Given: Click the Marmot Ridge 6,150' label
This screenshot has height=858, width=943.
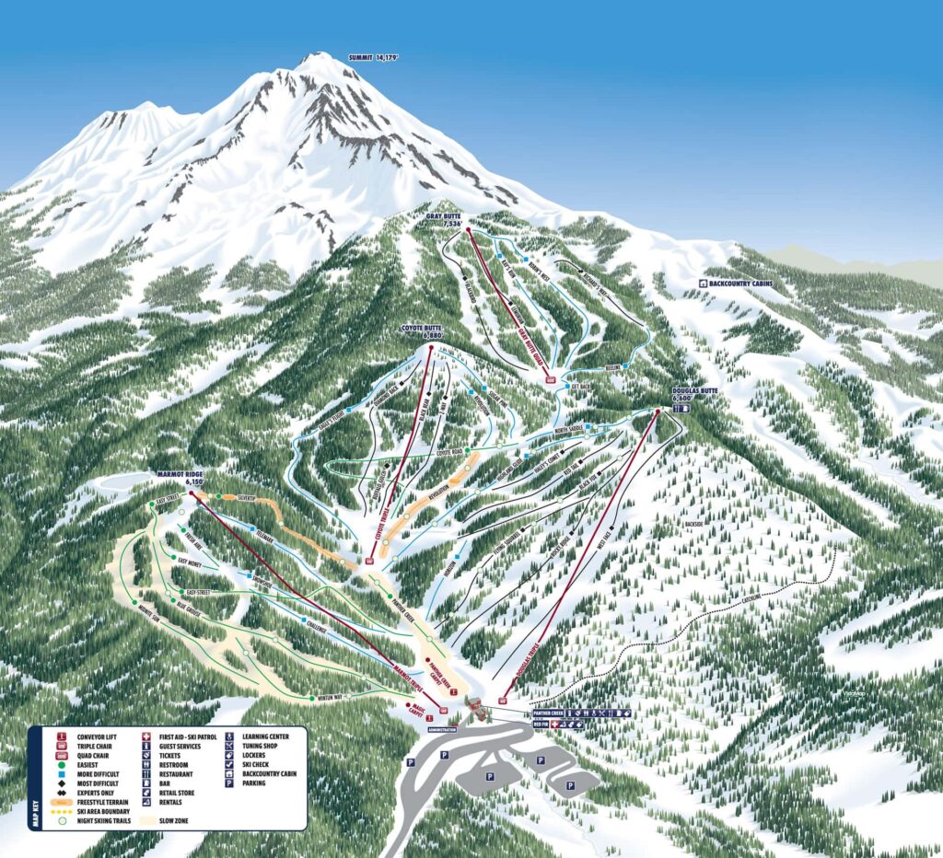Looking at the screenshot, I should (180, 478).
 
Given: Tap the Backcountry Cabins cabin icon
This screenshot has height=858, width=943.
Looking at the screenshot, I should (704, 284).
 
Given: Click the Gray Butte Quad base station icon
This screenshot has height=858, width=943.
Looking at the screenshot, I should (551, 379).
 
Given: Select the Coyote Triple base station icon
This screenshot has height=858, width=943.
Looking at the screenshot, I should (371, 559).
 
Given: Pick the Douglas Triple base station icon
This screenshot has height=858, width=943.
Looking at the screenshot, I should (503, 701).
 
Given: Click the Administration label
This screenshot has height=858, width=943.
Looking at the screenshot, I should (443, 730).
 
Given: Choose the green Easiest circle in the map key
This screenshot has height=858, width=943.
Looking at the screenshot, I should (62, 764).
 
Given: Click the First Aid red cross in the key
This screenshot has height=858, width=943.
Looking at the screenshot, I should (146, 736).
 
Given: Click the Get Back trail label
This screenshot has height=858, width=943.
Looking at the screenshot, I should (579, 385).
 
